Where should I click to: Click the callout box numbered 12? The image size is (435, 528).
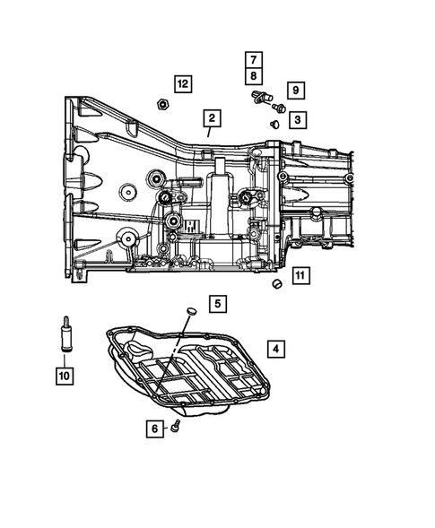pyautogui.click(x=183, y=83)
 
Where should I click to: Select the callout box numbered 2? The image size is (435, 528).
pyautogui.click(x=212, y=118)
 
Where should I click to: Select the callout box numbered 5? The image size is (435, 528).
pyautogui.click(x=218, y=304)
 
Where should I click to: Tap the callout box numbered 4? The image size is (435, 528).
pyautogui.click(x=276, y=348)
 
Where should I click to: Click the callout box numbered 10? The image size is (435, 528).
pyautogui.click(x=64, y=375)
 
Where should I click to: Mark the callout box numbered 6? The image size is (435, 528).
pyautogui.click(x=155, y=430)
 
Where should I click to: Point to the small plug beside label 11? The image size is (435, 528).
pyautogui.click(x=276, y=285)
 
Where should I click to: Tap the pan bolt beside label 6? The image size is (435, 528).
pyautogui.click(x=178, y=426)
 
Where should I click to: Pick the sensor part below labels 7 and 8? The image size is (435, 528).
pyautogui.click(x=259, y=95)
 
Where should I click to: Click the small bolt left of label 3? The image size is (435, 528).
pyautogui.click(x=274, y=123)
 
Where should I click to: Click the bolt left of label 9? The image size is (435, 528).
pyautogui.click(x=279, y=108)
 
